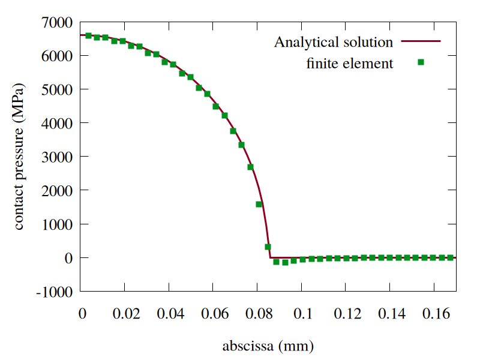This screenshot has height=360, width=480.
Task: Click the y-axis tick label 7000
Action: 58,22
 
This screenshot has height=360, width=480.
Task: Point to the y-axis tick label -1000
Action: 55,292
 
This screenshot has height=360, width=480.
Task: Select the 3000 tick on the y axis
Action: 58,157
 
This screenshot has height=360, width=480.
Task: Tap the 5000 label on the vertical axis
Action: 58,89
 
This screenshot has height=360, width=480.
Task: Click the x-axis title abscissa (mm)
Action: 268,346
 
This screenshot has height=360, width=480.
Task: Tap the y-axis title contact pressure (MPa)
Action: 19,157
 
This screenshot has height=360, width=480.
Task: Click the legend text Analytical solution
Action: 334,42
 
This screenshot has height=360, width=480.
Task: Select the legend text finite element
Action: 350,62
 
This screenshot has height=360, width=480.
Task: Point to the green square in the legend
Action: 421,62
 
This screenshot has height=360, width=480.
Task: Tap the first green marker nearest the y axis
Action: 88,35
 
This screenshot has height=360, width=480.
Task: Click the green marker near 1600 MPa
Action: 259,204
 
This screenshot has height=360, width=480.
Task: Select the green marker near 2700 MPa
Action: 250,167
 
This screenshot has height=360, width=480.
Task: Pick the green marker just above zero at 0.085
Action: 268,247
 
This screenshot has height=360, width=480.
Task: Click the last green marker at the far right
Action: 451,257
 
